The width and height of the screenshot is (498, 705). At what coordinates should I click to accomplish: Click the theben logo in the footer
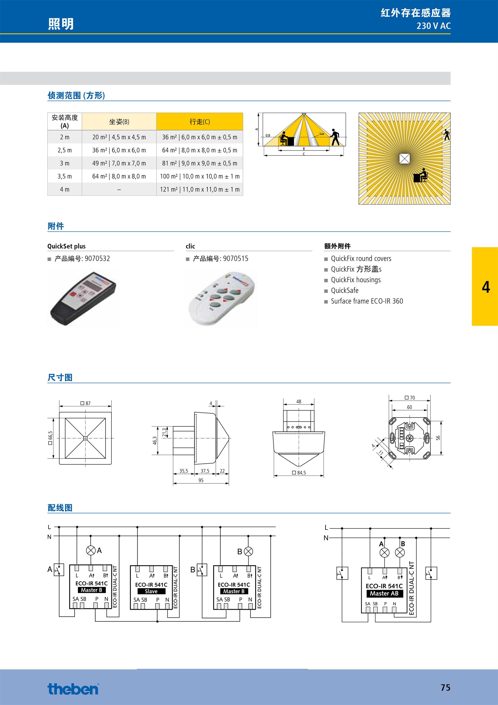click(73, 689)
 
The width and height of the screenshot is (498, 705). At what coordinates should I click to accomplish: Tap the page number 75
click(445, 687)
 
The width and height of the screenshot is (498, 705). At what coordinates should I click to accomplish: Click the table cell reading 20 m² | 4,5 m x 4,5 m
click(119, 137)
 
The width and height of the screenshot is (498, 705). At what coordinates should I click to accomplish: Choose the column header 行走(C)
click(200, 122)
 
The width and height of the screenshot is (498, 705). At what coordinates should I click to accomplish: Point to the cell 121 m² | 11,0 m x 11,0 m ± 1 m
click(200, 189)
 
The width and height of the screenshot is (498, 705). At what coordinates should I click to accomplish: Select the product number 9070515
click(236, 259)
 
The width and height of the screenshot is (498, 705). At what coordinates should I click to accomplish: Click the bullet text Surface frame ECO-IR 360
click(367, 301)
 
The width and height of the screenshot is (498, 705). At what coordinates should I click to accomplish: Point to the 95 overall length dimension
click(201, 480)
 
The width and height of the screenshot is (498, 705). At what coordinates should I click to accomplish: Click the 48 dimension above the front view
click(299, 401)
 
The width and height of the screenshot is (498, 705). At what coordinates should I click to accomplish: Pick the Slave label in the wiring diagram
click(151, 591)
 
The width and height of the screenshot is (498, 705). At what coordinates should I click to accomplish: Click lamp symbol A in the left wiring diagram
click(91, 550)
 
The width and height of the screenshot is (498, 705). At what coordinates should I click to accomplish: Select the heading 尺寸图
click(60, 377)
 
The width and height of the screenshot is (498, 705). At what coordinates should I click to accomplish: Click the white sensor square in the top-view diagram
click(404, 158)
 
